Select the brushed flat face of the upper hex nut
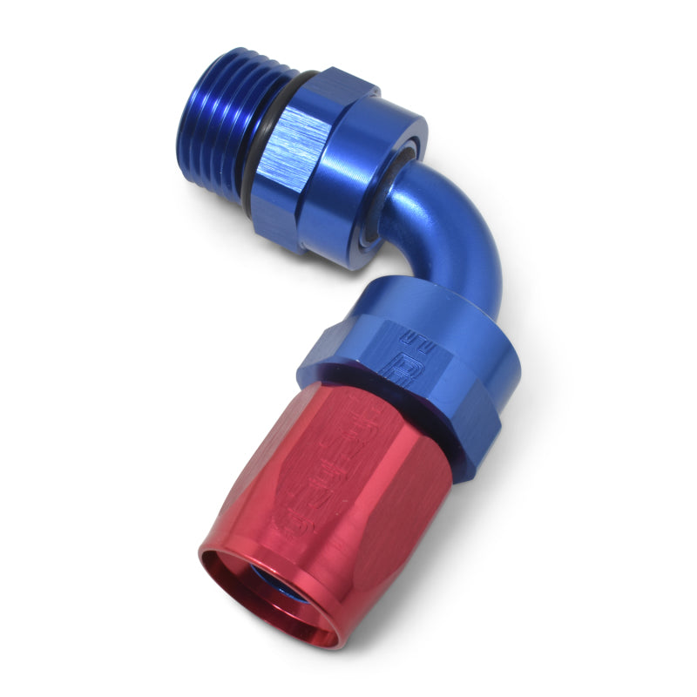click(x=301, y=166)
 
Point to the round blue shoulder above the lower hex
click(x=418, y=305)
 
